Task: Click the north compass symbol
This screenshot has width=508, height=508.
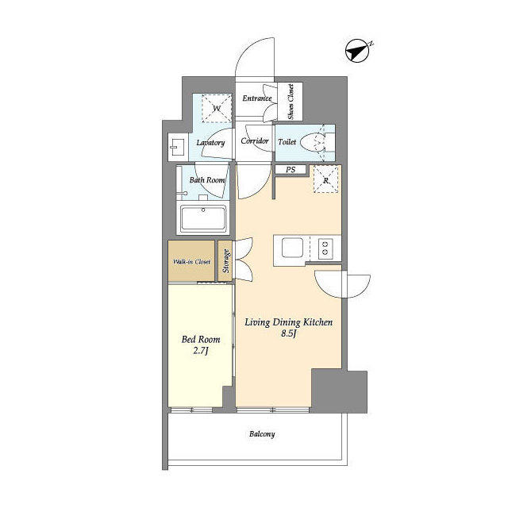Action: (x=358, y=51)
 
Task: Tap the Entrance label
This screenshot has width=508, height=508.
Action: (x=257, y=98)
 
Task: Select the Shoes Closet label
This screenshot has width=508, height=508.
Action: (x=291, y=102)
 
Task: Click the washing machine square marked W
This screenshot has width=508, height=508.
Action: (x=217, y=108)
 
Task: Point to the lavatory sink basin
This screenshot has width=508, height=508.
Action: (x=177, y=147)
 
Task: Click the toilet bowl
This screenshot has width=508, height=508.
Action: (x=313, y=142)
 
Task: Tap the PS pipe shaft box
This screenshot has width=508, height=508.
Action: (x=291, y=169)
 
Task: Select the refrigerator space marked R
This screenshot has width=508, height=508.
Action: (x=326, y=179)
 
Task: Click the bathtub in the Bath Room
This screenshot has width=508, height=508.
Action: (x=203, y=218)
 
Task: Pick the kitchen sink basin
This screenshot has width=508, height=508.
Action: (x=292, y=248)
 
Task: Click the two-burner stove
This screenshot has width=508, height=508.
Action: (x=325, y=248)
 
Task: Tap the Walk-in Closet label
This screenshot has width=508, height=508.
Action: (x=191, y=261)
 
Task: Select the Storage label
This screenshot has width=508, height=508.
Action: (x=225, y=260)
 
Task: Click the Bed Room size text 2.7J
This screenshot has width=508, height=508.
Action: (x=201, y=351)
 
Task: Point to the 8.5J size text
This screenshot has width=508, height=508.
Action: (x=289, y=333)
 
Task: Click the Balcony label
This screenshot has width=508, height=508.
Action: (x=262, y=434)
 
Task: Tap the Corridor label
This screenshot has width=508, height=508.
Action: (x=255, y=141)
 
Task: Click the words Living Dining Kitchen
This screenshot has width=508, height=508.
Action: (x=288, y=322)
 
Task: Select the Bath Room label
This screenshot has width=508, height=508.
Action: (x=207, y=180)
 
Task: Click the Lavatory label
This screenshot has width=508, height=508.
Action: (x=210, y=143)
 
